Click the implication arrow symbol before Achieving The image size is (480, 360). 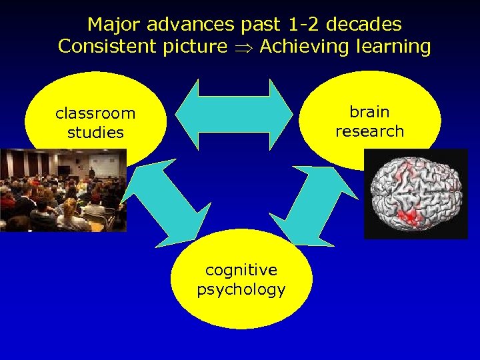click(243, 47)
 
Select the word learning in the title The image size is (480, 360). click(393, 47)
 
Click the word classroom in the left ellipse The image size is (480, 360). click(95, 113)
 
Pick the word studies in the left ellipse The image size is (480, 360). click(95, 132)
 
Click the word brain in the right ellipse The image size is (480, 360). click(369, 111)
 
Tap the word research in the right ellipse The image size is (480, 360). click(369, 131)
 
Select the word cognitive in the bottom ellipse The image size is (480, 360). click(241, 270)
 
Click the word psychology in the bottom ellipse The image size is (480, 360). click(241, 289)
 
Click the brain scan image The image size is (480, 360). click(416, 193)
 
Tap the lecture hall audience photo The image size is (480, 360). click(63, 190)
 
